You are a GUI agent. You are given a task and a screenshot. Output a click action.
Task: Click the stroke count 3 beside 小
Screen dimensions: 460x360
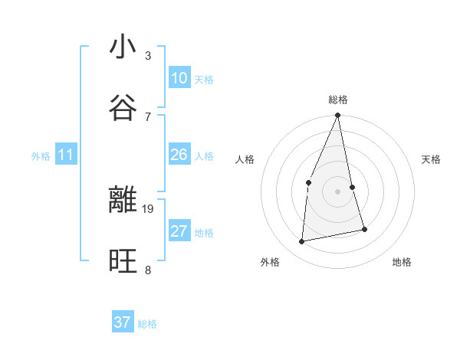coord(148,56)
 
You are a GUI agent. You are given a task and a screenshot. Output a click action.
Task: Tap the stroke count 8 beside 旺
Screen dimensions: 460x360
coord(148,270)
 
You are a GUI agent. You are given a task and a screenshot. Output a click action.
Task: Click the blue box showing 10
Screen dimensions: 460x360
coord(179,78)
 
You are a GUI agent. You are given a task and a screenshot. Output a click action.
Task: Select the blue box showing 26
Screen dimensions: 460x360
coord(179,155)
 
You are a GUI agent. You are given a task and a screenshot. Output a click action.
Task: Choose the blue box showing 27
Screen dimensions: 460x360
coord(179,231)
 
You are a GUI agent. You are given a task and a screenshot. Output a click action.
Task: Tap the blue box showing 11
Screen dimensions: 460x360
coord(65,155)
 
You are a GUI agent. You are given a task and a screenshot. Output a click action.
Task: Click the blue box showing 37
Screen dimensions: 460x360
coord(123,322)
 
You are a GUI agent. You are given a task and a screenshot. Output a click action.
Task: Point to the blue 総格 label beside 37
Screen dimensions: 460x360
coord(147,324)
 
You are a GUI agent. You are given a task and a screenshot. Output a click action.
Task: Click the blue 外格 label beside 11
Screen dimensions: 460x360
coord(41,156)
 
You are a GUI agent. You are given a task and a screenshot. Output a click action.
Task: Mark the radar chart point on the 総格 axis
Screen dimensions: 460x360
coord(337,116)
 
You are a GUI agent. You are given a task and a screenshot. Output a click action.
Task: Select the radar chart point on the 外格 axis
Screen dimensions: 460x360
coord(302,242)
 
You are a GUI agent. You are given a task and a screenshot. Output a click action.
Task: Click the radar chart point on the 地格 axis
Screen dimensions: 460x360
coord(364,229)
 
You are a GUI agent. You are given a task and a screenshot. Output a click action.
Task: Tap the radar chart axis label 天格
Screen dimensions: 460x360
coord(432,160)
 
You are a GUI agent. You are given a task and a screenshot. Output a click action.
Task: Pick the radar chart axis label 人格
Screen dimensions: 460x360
coord(245,160)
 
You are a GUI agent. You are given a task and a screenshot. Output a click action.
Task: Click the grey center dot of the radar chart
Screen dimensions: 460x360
coord(337,191)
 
